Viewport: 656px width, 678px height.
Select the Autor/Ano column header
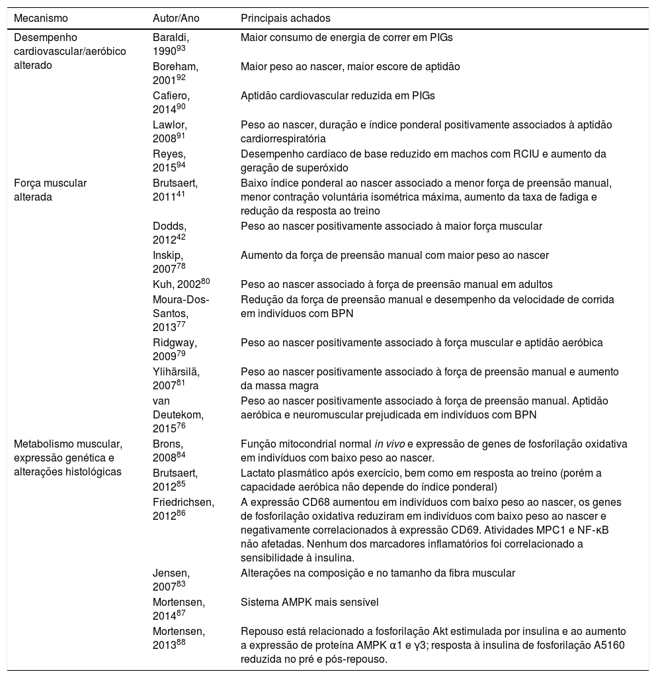[175, 18]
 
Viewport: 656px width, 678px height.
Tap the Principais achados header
[286, 18]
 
